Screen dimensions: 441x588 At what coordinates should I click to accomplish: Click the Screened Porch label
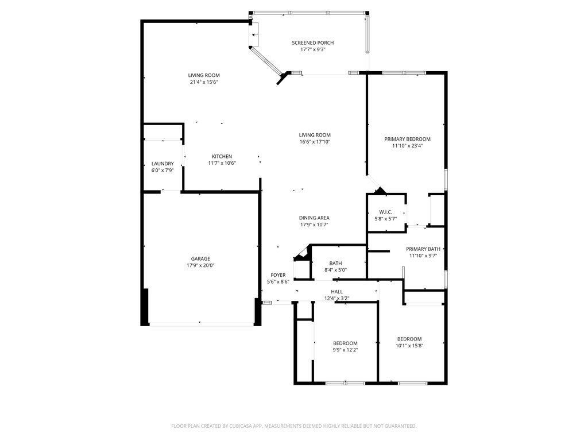(312, 42)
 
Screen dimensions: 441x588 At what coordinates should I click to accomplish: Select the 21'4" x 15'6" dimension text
(204, 82)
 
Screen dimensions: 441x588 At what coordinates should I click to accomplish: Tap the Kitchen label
(222, 156)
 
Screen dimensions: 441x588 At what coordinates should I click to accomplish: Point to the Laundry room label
(163, 164)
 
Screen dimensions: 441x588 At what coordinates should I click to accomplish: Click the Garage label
(200, 258)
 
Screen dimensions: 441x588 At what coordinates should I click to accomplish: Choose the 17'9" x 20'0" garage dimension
(200, 265)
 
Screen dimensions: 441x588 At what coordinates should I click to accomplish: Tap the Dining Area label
(314, 218)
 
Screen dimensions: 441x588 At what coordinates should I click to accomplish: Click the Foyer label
(278, 275)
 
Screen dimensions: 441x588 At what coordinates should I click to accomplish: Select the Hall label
(336, 292)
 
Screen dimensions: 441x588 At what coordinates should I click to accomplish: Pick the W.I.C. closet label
(385, 211)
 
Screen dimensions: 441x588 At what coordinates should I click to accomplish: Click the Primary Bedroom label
(407, 139)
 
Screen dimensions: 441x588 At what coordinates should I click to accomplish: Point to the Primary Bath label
(423, 249)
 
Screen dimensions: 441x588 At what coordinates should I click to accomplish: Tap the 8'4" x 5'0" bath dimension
(336, 270)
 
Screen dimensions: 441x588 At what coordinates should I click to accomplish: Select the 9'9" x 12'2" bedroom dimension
(345, 350)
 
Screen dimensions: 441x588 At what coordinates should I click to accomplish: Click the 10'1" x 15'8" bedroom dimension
(409, 345)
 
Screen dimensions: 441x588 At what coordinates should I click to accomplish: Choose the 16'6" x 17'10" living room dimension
(315, 142)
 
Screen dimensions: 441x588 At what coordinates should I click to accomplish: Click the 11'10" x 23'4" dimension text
(407, 146)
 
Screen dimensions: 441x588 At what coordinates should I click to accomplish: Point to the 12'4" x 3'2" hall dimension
(336, 298)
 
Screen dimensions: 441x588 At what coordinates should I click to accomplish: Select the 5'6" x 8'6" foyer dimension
(278, 281)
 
